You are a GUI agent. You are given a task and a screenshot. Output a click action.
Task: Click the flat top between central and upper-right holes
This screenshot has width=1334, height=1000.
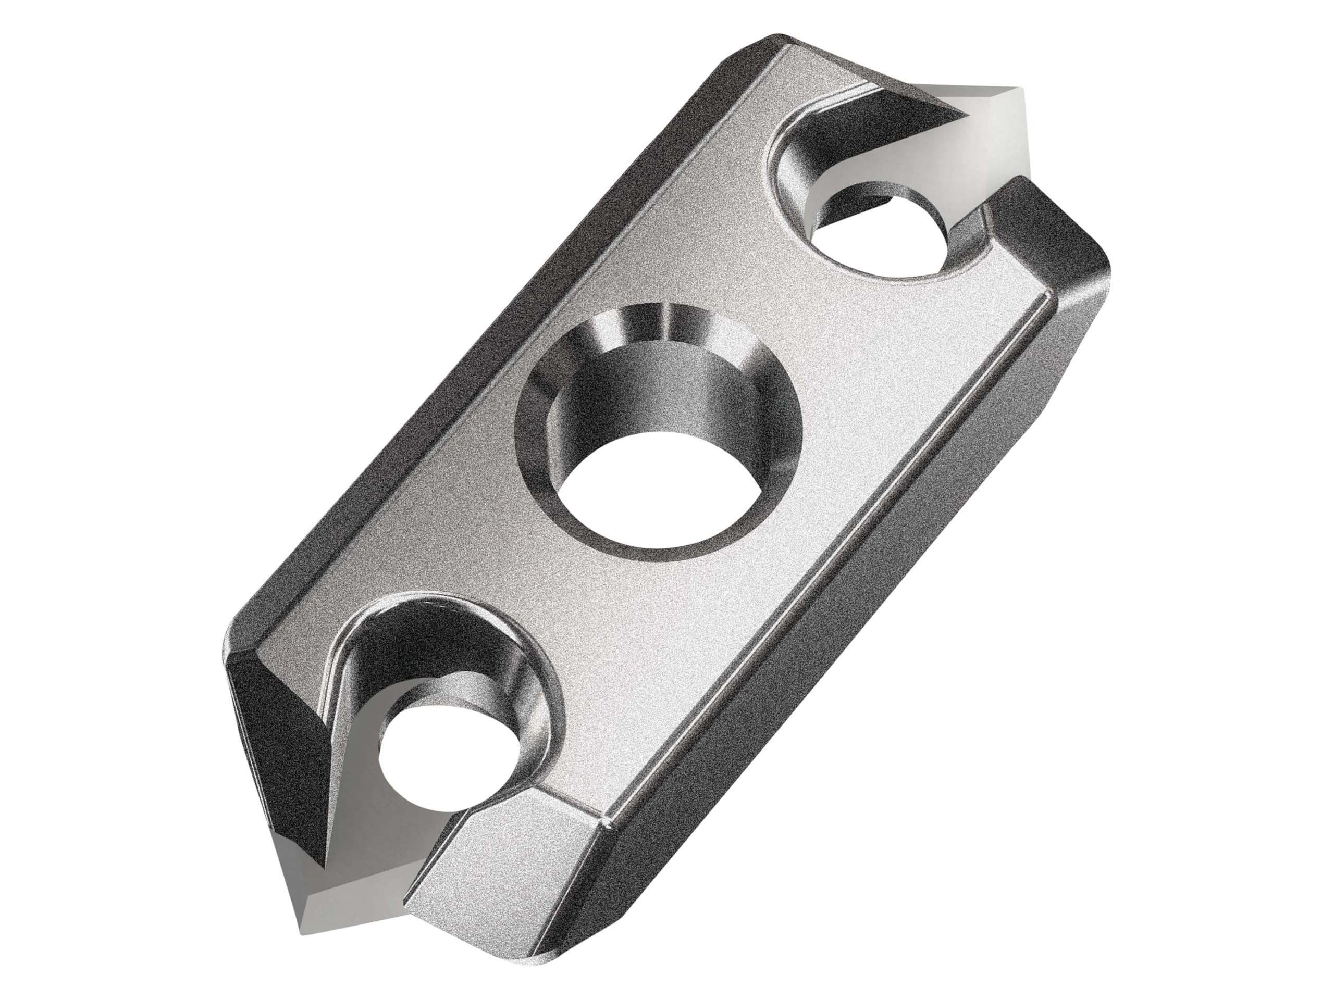814,337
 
